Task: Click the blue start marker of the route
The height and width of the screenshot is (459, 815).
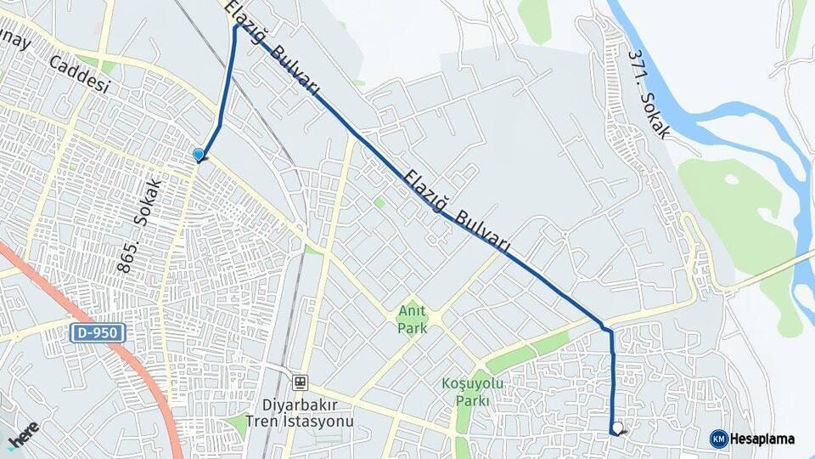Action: click(x=199, y=155)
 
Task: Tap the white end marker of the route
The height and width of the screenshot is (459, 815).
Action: click(x=617, y=428)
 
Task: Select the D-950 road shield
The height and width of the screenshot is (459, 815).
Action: click(x=98, y=333)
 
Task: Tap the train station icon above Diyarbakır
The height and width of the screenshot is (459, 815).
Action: click(x=299, y=382)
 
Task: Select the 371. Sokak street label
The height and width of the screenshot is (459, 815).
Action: click(x=649, y=93)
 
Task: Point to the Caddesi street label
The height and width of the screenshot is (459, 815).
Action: click(x=81, y=76)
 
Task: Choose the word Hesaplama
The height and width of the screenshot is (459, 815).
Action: click(x=763, y=439)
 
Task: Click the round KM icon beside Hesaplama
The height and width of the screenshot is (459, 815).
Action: click(x=719, y=439)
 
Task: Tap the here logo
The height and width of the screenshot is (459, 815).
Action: click(x=23, y=434)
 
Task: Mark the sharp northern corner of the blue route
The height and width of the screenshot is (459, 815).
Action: click(x=237, y=25)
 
